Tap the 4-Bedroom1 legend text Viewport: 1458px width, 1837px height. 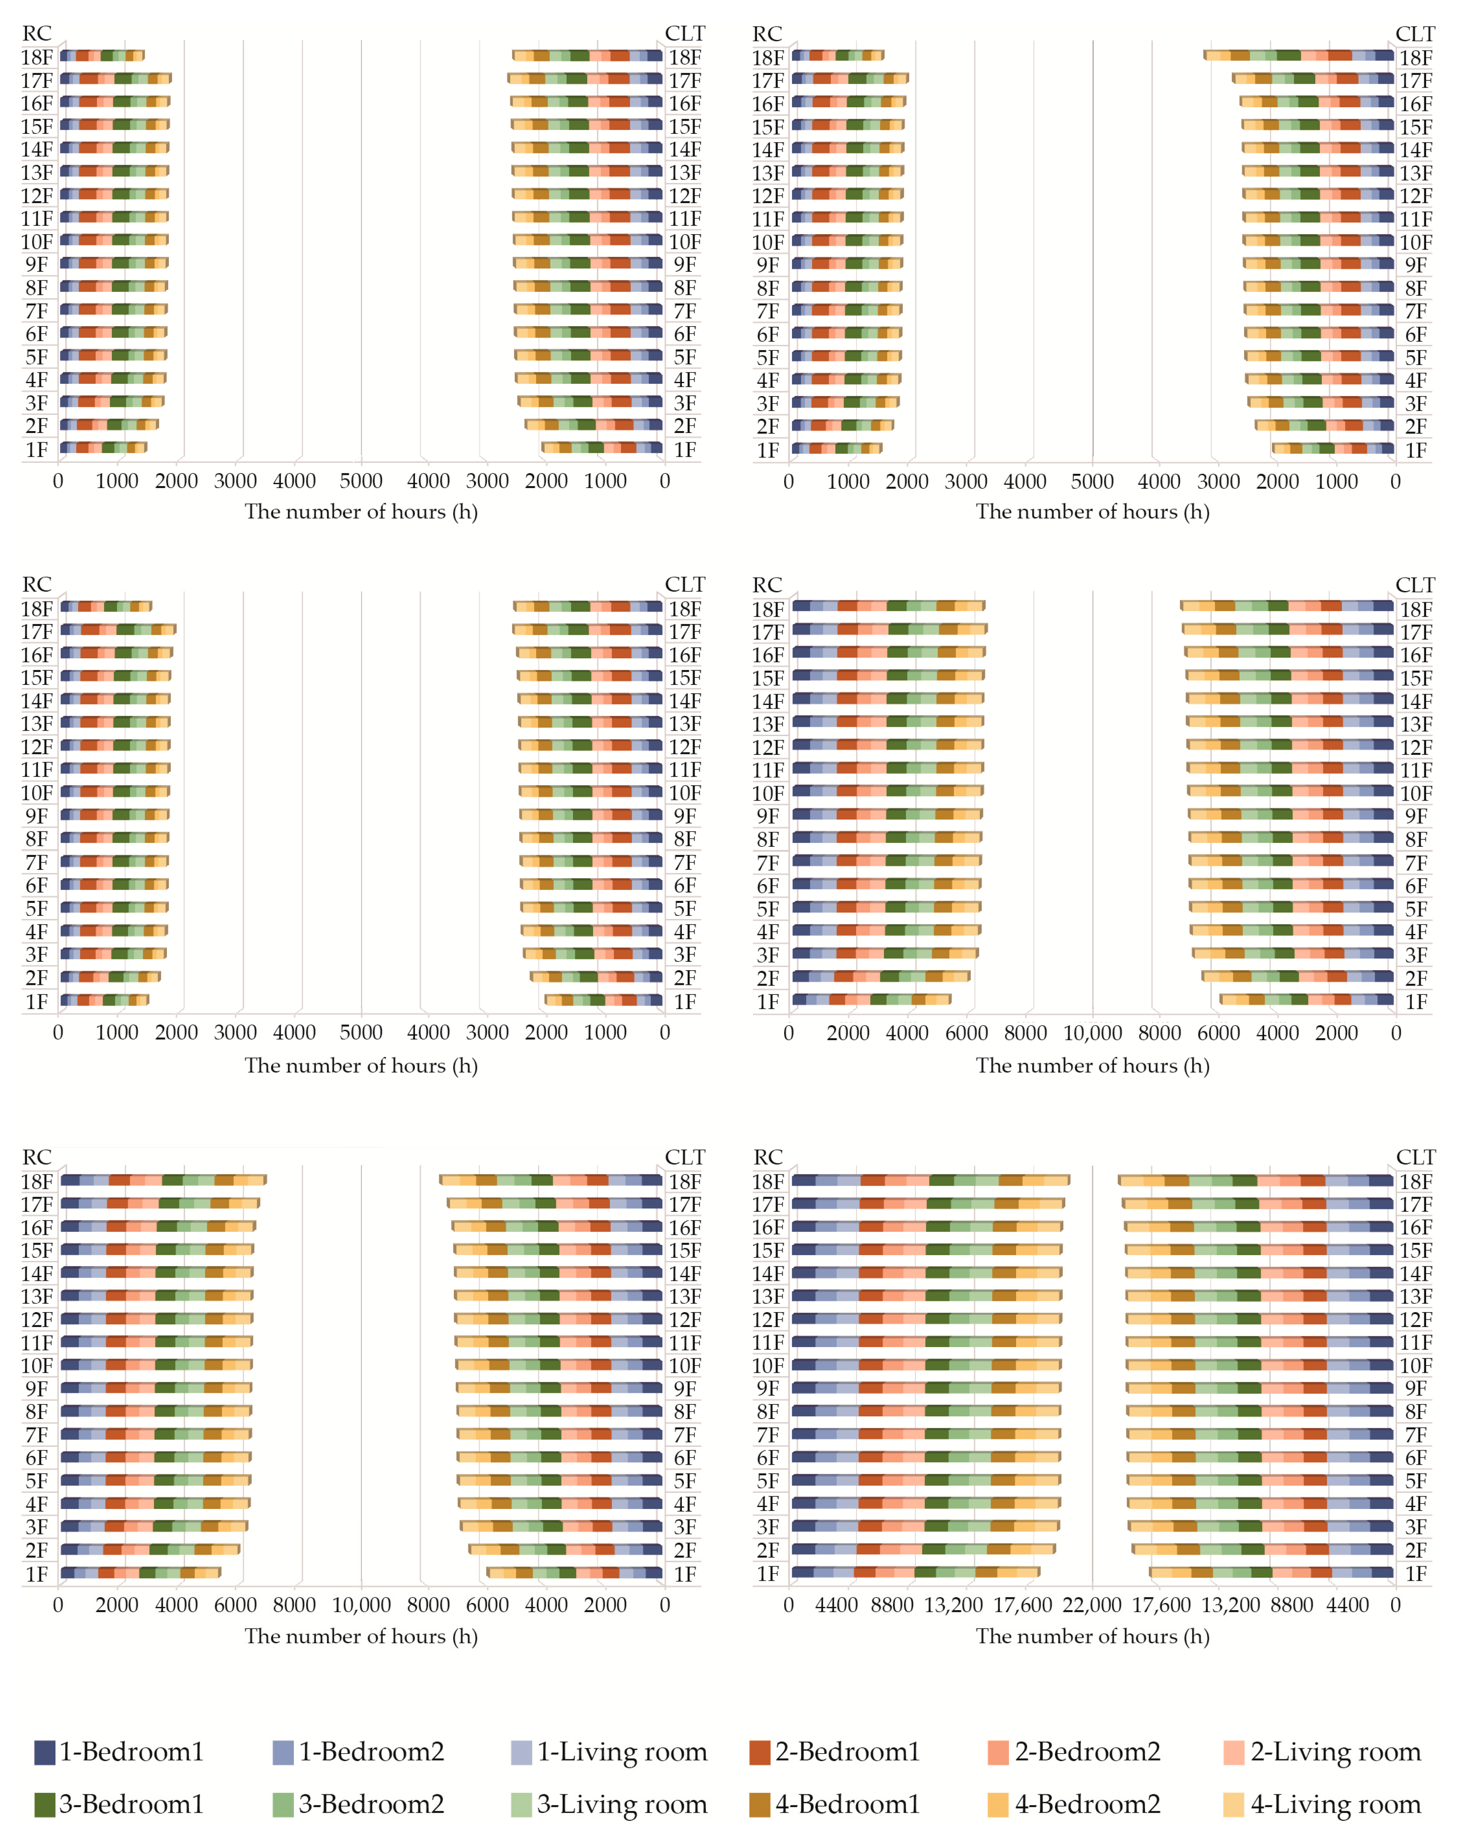coord(847,1805)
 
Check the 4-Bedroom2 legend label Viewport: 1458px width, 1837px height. coord(1086,1805)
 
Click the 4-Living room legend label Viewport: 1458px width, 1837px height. coord(1335,1805)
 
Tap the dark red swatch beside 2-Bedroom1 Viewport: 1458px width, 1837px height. coord(759,1753)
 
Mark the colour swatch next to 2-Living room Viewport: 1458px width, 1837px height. coord(1233,1753)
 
